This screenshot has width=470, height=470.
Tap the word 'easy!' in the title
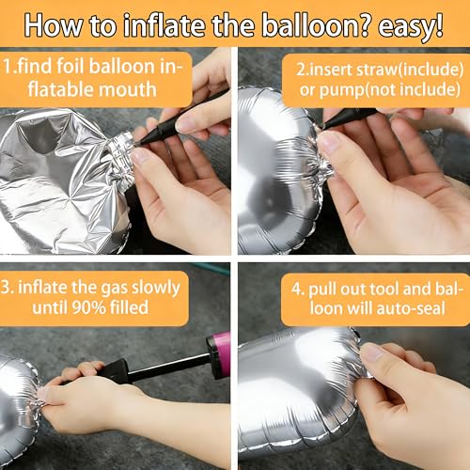(411, 27)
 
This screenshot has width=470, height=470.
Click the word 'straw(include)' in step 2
(410, 70)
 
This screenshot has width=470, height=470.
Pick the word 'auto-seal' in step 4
(411, 308)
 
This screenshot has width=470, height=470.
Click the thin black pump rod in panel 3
(169, 366)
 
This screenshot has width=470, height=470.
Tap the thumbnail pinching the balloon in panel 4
(372, 352)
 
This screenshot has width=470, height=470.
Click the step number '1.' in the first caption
(8, 67)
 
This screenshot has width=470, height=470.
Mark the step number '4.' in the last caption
(298, 290)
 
